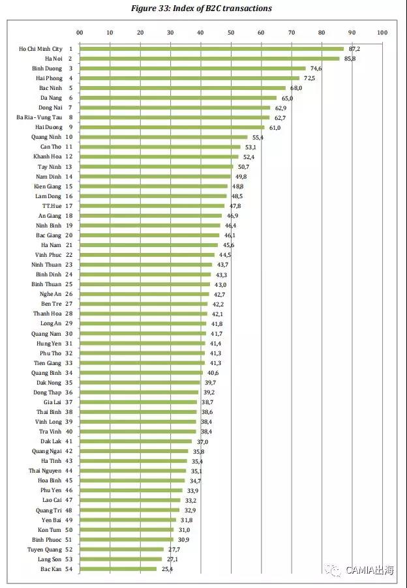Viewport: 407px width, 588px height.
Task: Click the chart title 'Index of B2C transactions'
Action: (x=203, y=8)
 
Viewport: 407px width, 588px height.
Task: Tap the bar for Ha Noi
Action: (x=209, y=59)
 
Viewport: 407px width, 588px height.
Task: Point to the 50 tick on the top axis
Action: (x=231, y=32)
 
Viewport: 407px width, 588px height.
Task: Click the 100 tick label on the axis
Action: (x=382, y=32)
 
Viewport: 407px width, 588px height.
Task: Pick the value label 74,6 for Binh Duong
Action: (x=316, y=68)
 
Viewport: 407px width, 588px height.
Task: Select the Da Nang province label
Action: (x=50, y=98)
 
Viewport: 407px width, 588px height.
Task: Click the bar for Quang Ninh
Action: (x=163, y=137)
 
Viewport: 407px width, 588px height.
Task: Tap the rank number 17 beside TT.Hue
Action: (x=68, y=205)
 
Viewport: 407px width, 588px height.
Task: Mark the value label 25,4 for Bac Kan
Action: (x=168, y=569)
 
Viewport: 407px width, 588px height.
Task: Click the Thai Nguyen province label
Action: (x=45, y=471)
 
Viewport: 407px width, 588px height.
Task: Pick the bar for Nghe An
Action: (x=144, y=294)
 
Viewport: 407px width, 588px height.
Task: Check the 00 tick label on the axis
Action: (x=80, y=32)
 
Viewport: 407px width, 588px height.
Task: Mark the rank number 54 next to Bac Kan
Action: (x=68, y=569)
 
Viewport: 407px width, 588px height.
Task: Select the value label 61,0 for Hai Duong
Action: (x=275, y=127)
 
